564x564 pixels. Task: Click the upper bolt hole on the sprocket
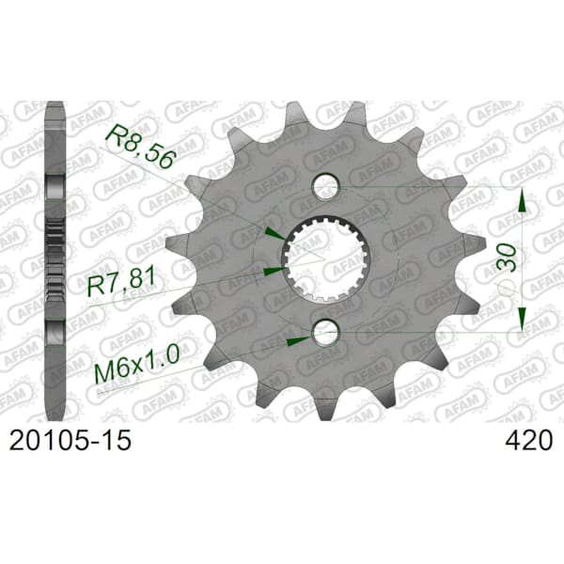tap(325, 182)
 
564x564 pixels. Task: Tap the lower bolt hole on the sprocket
tap(325, 330)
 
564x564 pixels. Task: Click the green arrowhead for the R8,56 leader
tap(273, 233)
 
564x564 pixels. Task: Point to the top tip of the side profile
tap(55, 105)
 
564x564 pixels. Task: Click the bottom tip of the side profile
tap(55, 414)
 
